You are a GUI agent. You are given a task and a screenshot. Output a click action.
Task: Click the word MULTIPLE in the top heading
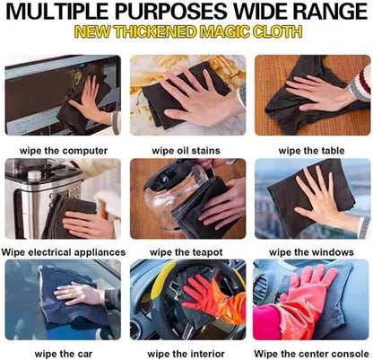coord(56,12)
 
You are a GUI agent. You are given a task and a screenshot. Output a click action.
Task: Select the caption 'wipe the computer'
coord(64,151)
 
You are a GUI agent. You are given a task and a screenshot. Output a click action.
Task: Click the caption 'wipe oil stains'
coord(186,150)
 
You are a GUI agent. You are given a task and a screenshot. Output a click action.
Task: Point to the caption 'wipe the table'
coord(311,150)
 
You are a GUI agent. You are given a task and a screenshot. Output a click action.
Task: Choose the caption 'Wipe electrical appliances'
coord(64,252)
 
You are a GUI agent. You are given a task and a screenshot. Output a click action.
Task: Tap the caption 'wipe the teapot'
coord(186,252)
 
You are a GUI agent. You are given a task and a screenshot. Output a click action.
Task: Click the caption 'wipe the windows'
coord(311,252)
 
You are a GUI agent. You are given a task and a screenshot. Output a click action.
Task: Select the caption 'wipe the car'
coord(64,354)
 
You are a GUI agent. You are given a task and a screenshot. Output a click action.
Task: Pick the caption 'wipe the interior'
coord(186,354)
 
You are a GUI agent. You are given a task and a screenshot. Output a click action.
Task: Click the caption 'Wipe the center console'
coord(311,354)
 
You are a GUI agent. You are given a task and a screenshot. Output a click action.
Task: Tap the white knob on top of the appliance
coord(34,175)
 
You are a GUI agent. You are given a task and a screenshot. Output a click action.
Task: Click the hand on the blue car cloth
coord(79,294)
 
